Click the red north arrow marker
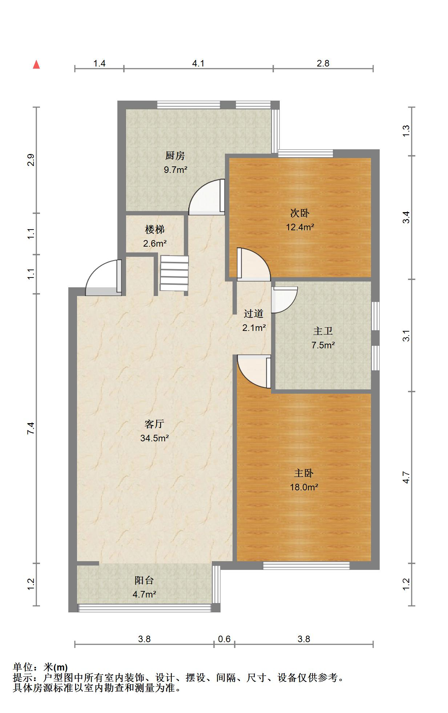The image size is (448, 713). point(36,65)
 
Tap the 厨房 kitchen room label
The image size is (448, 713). point(175,156)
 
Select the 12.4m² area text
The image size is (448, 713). point(300,227)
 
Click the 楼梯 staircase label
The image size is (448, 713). point(155,229)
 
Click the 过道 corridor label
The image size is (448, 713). point(254,313)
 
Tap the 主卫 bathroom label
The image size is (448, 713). point(323,331)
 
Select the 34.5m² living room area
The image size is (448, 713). point(154,438)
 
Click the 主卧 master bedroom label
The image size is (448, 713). point(304,473)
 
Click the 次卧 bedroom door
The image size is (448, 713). point(254,264)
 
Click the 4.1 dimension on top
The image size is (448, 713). point(198,64)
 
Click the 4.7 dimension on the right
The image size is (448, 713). point(406,477)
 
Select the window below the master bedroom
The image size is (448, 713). point(306,566)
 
